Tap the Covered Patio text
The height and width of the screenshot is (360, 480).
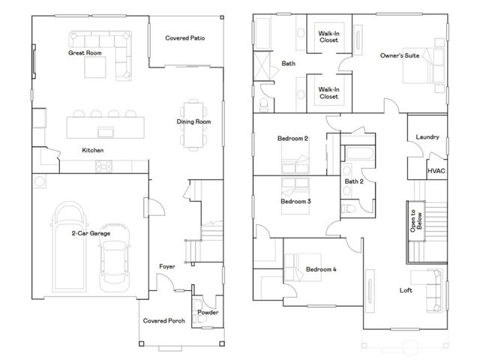[185, 37]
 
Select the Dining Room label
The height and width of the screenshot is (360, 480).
[193, 121]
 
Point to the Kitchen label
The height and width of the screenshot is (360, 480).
[93, 151]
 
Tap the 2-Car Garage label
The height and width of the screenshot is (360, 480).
[92, 234]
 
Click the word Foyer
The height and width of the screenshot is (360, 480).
[166, 266]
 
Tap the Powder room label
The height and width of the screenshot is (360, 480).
[208, 312]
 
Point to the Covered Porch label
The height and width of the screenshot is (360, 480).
[164, 320]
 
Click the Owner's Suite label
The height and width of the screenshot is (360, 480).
[400, 56]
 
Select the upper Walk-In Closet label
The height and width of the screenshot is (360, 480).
[328, 36]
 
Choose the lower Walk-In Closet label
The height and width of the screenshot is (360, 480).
[328, 94]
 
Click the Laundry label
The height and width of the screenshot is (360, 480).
[426, 137]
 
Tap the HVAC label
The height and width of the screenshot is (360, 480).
[436, 171]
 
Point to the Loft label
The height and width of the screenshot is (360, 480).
[406, 290]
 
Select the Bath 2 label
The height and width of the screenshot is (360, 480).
[354, 181]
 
